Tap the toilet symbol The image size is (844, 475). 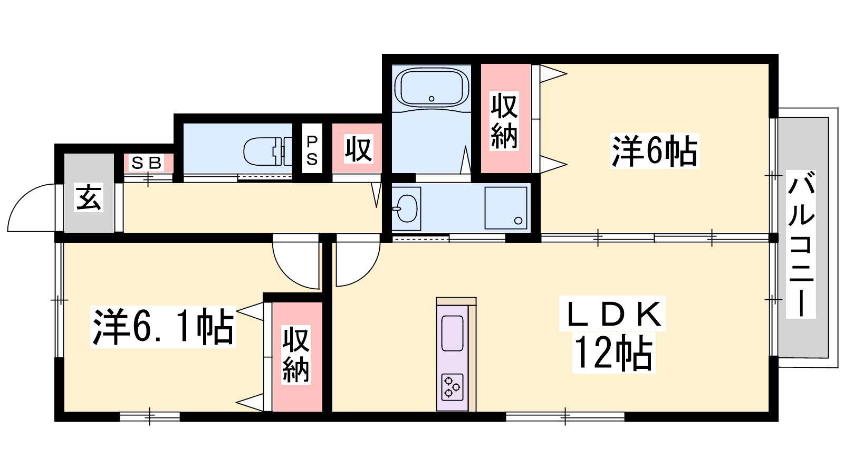tap(268, 151)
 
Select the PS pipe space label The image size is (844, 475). tap(312, 150)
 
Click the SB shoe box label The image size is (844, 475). tap(147, 163)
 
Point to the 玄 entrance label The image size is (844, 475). tap(89, 197)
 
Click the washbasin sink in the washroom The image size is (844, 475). tap(406, 208)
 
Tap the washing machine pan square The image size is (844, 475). tap(506, 208)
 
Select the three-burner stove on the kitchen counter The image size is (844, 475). tap(452, 387)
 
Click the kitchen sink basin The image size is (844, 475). tap(452, 333)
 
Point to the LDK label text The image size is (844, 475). tap(613, 313)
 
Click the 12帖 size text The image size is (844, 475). tap(613, 353)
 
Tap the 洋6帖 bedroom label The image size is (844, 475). tap(655, 151)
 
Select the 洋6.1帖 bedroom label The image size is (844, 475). tap(163, 327)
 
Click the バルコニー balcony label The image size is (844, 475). tap(801, 244)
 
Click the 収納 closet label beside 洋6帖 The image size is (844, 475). tap(504, 121)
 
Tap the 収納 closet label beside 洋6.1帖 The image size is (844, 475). tap(296, 355)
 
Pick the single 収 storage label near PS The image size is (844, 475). tap(359, 149)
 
